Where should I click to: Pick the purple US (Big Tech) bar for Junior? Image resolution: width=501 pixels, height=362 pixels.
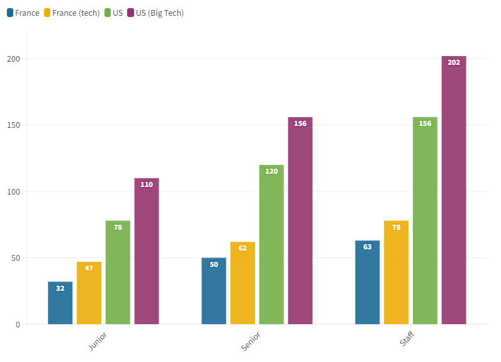coord(147,252)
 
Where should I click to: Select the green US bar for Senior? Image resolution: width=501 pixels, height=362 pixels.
coord(271,246)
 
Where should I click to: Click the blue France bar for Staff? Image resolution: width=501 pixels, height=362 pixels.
coord(368,283)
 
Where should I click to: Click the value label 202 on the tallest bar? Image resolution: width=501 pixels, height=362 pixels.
coord(454,62)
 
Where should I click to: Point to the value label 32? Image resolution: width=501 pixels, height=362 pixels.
coord(60,288)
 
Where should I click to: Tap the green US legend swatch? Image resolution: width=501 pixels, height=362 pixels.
coord(108,13)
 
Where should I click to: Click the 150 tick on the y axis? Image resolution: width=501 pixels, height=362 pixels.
coord(13,125)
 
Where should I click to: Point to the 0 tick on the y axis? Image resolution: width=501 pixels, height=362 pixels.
coord(18,325)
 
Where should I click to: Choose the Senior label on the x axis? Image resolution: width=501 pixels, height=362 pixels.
coord(251,340)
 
